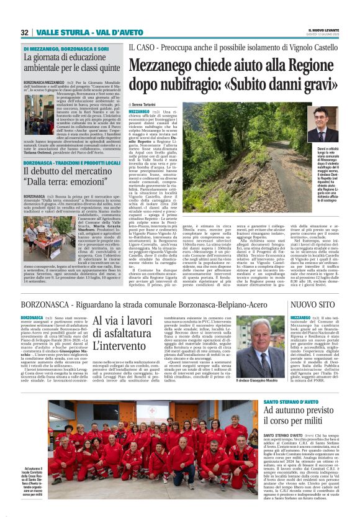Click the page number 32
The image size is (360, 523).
(24, 32)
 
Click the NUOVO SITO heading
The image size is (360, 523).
(313, 304)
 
